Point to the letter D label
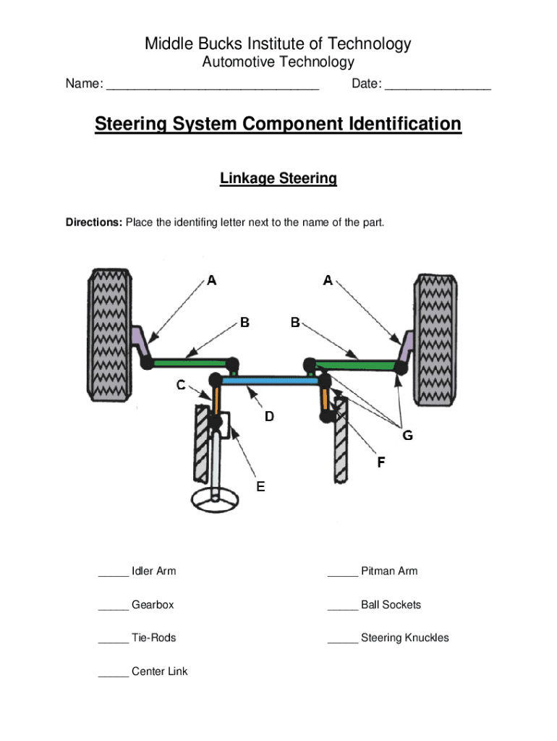(269, 416)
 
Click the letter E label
(260, 486)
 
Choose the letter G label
(408, 435)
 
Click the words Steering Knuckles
(404, 638)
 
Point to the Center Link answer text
(159, 672)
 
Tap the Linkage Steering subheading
(278, 178)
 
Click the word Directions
(94, 222)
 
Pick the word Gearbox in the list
(153, 604)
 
